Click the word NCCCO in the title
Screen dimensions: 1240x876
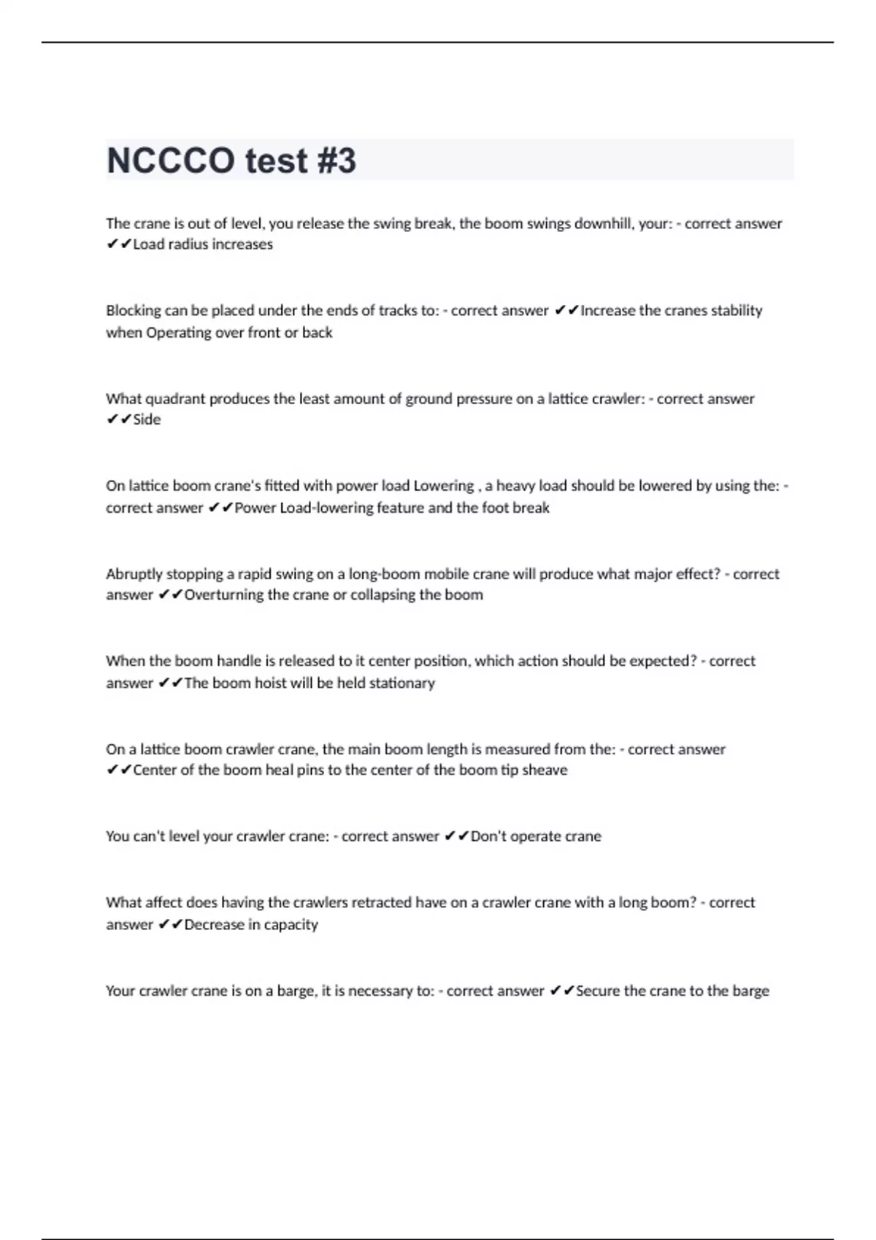pyautogui.click(x=171, y=160)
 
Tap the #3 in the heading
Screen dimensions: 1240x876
pyautogui.click(x=337, y=160)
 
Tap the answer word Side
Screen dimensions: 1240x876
pyautogui.click(x=147, y=419)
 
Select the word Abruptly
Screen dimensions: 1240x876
pyautogui.click(x=134, y=574)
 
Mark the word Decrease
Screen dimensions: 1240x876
pyautogui.click(x=215, y=925)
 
